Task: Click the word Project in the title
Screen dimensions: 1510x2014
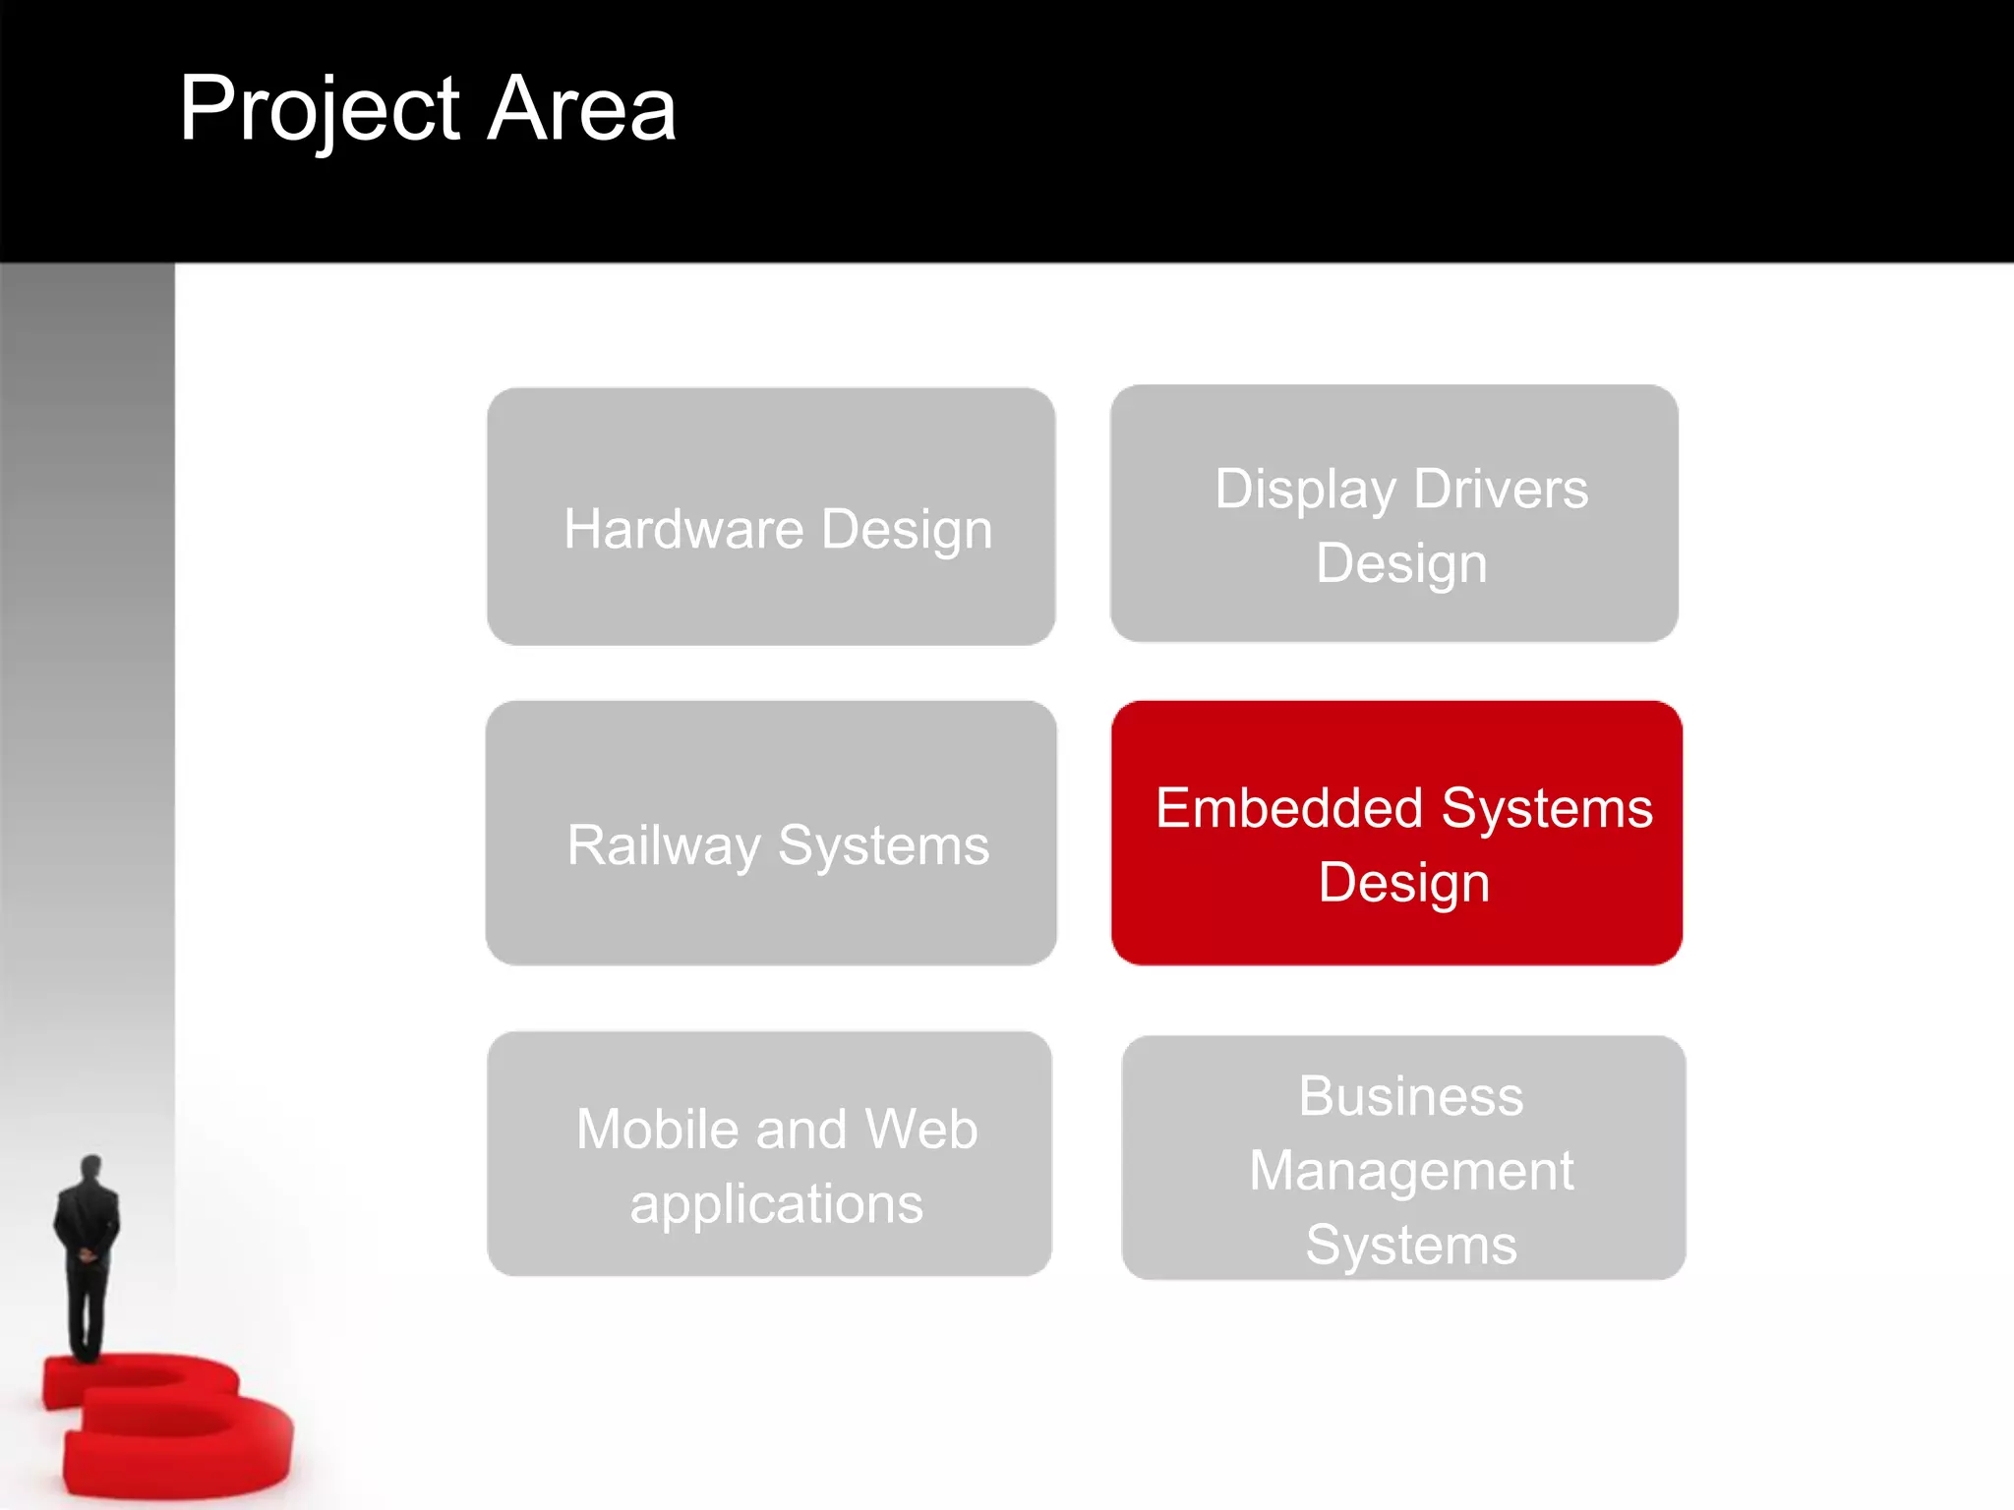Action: pos(320,110)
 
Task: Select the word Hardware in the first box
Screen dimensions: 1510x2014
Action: pos(684,529)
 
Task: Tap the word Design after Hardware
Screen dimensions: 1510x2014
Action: pos(907,531)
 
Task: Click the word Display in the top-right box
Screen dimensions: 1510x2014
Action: pos(1305,490)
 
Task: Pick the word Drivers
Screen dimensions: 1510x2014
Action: pos(1501,489)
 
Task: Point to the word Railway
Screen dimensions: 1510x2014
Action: pos(665,845)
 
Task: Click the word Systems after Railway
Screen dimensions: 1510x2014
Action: pos(883,845)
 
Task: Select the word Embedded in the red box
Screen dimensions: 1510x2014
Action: pos(1289,808)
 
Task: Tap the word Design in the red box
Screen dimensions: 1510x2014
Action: pos(1403,883)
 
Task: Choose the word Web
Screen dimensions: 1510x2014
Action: pos(921,1129)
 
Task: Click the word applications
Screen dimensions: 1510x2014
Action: pos(776,1205)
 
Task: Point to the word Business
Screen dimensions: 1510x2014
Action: pos(1410,1096)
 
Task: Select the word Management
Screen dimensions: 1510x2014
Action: pos(1410,1172)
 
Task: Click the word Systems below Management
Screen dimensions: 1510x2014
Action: pos(1410,1245)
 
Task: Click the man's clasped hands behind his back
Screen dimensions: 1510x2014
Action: pos(88,1253)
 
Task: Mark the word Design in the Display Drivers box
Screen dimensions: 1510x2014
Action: pos(1401,563)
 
